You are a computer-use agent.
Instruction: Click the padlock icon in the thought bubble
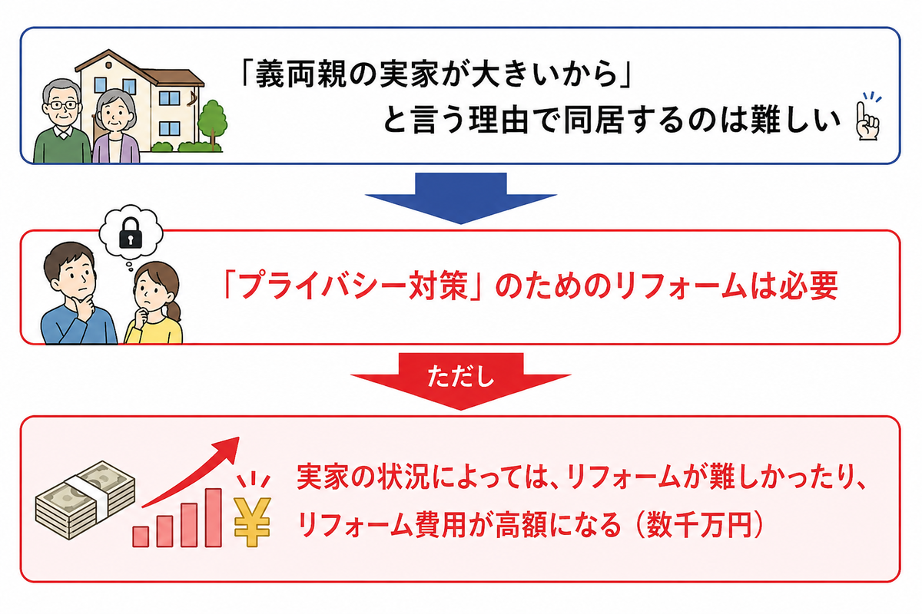point(131,233)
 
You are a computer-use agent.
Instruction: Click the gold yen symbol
point(252,521)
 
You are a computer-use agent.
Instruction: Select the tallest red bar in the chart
point(214,517)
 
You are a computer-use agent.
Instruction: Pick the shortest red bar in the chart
point(141,536)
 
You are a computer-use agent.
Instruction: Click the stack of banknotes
point(85,500)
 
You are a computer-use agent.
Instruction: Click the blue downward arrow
point(460,198)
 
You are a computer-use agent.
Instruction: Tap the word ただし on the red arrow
point(460,377)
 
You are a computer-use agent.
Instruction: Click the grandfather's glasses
point(62,105)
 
